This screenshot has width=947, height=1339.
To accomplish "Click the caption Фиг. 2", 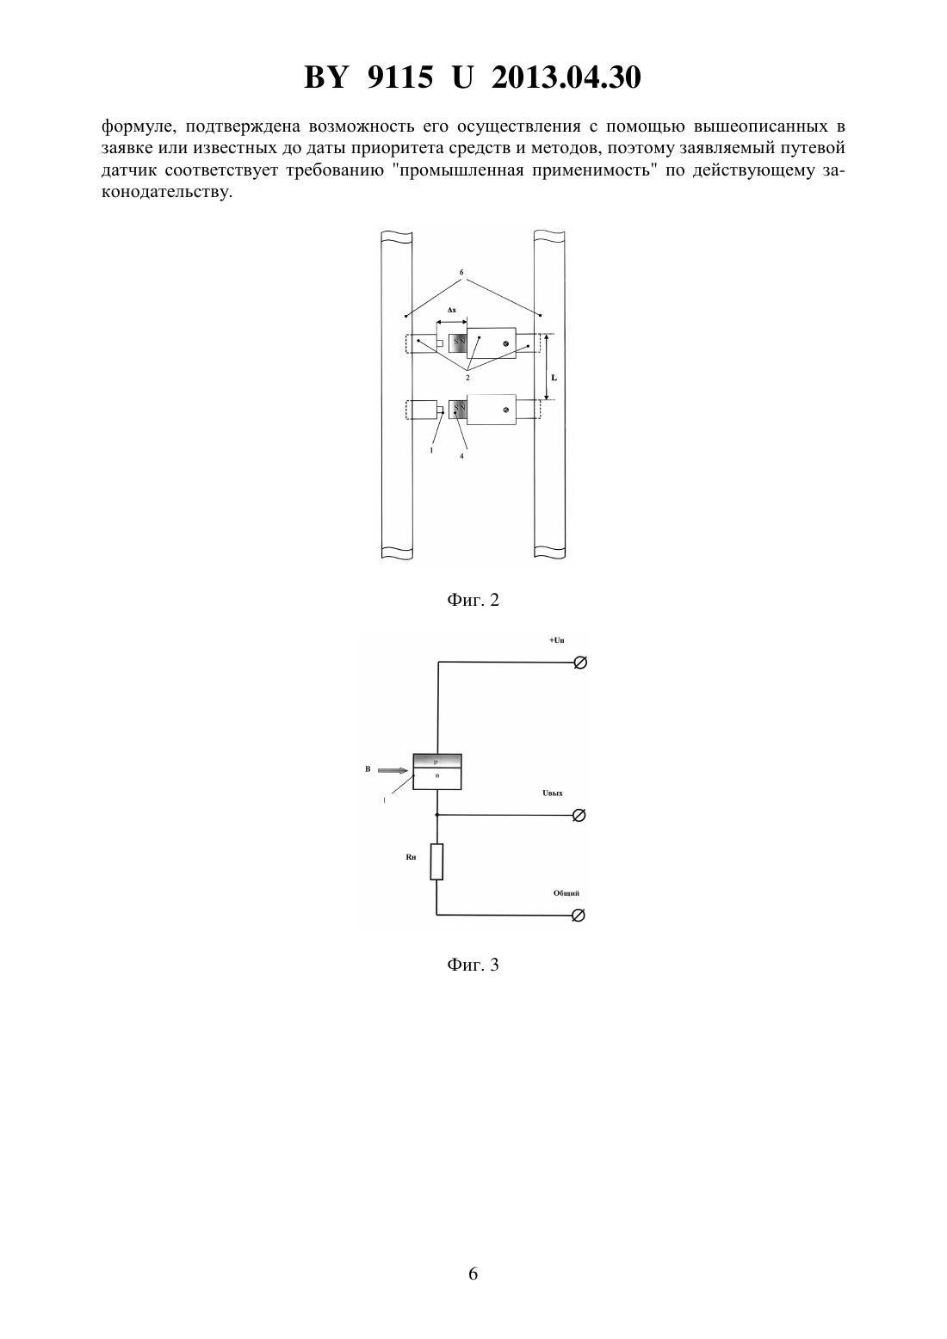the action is coord(473,600).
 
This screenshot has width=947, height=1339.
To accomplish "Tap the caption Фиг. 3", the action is coord(473,965).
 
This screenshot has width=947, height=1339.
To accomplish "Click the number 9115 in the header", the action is coord(399,77).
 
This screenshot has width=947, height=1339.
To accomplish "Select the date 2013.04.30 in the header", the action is coord(566,77).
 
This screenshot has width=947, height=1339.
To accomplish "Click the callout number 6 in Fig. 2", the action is coord(461,273).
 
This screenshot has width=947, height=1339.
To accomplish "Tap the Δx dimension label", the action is coord(452,311).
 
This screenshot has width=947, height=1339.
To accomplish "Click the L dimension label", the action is coord(554,378).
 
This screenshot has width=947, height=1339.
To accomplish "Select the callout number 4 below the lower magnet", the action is coord(461,456).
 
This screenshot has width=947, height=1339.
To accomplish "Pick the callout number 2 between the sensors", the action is coord(467,378).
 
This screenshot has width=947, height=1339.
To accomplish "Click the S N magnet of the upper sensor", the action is coord(458,343).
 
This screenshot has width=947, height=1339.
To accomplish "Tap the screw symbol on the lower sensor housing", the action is coord(506,410).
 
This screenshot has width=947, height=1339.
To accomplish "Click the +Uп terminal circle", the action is coord(580,663).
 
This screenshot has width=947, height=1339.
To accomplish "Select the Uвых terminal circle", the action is coord(579,815).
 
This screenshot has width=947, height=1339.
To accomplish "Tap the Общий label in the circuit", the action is coord(566,893).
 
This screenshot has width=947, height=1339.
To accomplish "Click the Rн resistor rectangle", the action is coord(437,862).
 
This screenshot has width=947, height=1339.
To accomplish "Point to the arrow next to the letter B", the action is coord(393,770).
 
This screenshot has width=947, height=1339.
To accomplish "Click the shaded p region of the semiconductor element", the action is coord(437,762).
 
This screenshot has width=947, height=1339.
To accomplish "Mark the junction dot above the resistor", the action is coord(437,815).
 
